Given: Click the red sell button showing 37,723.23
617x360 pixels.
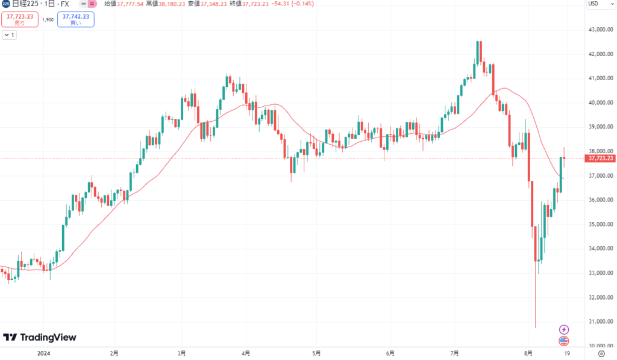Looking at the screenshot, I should click(20, 19).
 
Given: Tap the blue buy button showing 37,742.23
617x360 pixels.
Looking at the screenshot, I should click(75, 19).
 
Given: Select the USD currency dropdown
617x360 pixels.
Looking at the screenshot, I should click(595, 4).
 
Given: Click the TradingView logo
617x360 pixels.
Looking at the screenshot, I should click(40, 337).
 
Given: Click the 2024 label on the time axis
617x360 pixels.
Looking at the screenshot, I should click(43, 353).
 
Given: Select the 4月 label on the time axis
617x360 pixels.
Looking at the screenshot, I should click(245, 353).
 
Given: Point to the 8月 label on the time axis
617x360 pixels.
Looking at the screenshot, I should click(528, 353).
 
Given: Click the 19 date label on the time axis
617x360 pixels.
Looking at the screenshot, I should click(566, 353).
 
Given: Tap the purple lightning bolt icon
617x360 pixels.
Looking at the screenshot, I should click(564, 329).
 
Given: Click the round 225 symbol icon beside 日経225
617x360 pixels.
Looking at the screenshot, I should click(5, 4).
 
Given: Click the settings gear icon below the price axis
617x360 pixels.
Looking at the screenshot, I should click(600, 353).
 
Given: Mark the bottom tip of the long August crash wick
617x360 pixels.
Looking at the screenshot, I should click(535, 327).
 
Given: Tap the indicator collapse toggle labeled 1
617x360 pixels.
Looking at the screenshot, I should click(10, 35).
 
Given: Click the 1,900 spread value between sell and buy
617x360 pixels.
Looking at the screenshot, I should click(48, 20).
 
